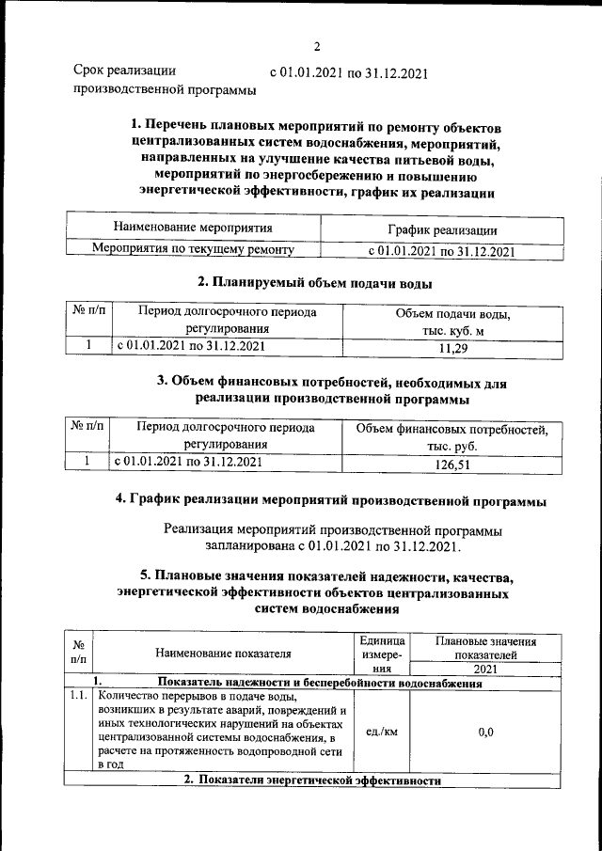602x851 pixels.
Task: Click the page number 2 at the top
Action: [317, 46]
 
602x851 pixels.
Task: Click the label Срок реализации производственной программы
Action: [165, 80]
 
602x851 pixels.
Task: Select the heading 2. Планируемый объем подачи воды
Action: [316, 281]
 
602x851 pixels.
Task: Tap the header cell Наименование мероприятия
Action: [193, 228]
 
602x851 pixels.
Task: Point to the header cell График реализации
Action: [442, 229]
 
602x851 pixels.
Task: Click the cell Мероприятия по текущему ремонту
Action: [193, 250]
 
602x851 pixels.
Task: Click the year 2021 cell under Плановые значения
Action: [486, 670]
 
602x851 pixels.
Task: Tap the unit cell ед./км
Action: [380, 732]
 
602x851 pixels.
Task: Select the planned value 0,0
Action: [486, 732]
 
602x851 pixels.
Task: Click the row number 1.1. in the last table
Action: [78, 697]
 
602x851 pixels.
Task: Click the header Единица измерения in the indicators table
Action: [380, 654]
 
